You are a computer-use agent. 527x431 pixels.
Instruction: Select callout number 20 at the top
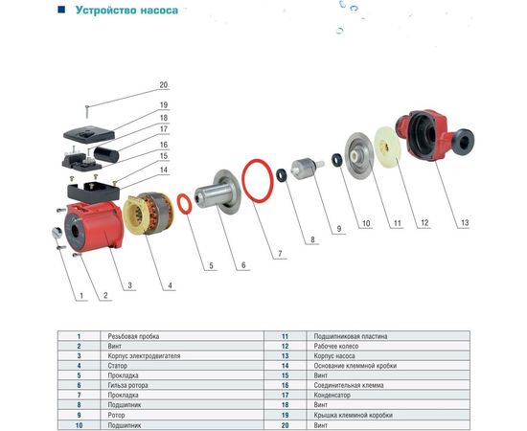tap(163, 84)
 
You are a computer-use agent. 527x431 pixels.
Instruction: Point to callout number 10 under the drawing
tap(365, 224)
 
